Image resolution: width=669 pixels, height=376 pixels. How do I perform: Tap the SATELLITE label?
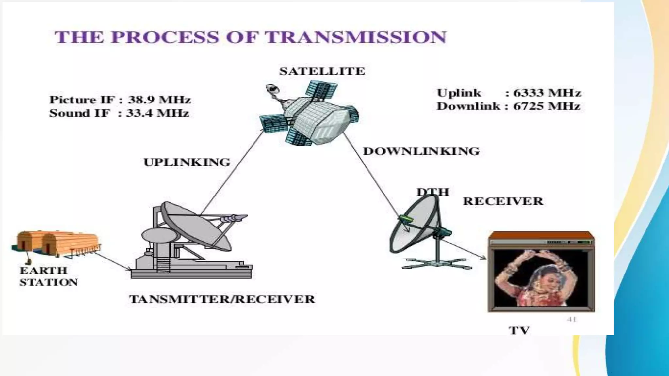[x=322, y=71]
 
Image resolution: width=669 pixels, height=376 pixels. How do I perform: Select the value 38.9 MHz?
[x=159, y=100]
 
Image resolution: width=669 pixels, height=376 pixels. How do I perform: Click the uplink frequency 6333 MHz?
[x=547, y=93]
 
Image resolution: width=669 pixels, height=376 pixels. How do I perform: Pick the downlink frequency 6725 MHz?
[x=547, y=106]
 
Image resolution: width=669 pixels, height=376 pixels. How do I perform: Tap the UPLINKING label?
[x=187, y=162]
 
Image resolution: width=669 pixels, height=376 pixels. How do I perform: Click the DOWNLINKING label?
[x=421, y=151]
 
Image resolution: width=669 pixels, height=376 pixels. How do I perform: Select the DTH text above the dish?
[x=433, y=192]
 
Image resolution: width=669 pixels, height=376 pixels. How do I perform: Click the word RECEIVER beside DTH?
[x=503, y=201]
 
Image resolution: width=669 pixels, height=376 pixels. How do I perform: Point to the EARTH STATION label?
[x=48, y=276]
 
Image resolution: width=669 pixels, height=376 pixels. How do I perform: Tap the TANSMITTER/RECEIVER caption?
[x=222, y=299]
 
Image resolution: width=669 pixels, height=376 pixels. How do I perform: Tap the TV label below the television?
[x=519, y=330]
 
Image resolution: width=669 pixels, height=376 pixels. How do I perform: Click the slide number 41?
[x=572, y=319]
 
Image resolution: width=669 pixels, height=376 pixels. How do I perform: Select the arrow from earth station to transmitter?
[x=113, y=261]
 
